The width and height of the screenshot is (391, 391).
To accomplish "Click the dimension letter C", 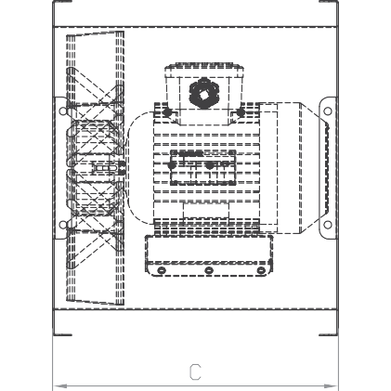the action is [x=195, y=371].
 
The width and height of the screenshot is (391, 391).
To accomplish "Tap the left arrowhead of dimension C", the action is [x=59, y=386].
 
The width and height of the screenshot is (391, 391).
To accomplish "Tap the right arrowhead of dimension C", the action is [x=331, y=386].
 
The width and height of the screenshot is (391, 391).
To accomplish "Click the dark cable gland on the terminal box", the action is [x=203, y=93].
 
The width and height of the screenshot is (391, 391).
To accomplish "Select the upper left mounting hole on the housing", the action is [x=63, y=111].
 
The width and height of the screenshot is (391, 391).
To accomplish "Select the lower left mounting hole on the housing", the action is [x=63, y=225].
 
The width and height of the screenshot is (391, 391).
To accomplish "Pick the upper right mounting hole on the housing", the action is [x=328, y=111].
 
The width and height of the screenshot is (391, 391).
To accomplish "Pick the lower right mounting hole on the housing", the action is [x=328, y=225].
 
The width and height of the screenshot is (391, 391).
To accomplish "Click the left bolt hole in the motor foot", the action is [x=162, y=270].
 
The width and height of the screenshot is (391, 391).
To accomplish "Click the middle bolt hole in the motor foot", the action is [x=209, y=270].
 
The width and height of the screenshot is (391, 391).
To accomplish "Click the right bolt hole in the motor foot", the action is [x=262, y=270].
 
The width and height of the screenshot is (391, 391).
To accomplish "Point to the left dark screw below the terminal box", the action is [x=166, y=112].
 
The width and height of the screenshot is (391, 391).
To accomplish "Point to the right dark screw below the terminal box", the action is [x=241, y=112].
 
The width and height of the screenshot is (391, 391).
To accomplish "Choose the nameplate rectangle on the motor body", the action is [x=203, y=167].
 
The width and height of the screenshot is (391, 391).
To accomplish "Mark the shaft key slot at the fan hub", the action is [x=106, y=167].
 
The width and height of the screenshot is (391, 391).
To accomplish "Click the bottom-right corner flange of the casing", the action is [x=329, y=322].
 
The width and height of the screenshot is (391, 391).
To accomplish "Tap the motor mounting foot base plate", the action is [x=209, y=255].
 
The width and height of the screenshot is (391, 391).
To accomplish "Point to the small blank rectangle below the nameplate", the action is [x=206, y=211].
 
